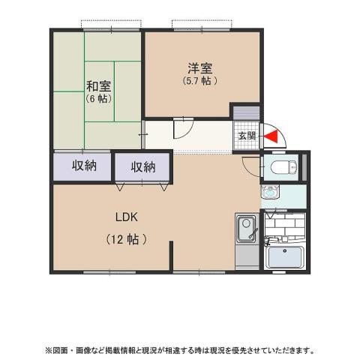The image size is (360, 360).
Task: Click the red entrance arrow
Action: [x=272, y=136]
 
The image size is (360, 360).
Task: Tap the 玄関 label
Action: [x=247, y=136]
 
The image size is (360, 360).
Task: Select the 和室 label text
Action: [x=97, y=85]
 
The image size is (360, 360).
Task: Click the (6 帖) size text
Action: [x=97, y=98]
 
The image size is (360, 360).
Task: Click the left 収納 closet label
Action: [x=84, y=166]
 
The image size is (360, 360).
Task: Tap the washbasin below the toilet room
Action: [x=269, y=193]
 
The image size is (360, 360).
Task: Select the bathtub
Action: [x=286, y=257]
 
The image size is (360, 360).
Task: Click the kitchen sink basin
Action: [x=245, y=228]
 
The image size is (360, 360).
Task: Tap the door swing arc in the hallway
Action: [x=183, y=128]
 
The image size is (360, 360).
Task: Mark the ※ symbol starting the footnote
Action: [x=49, y=349]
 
